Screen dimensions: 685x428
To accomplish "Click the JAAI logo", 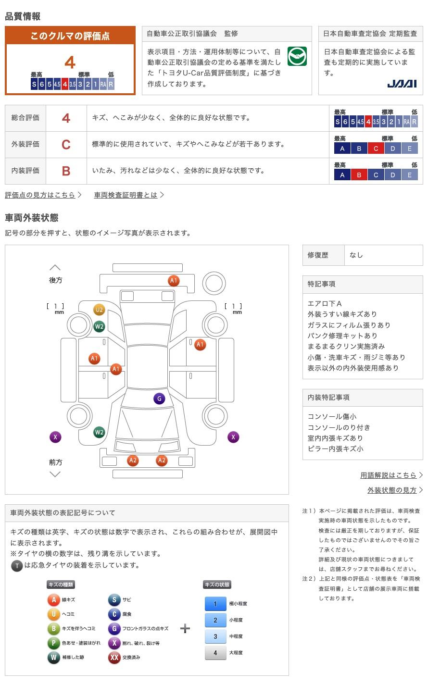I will click(402, 84).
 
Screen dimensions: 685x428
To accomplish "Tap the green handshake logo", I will click(297, 56).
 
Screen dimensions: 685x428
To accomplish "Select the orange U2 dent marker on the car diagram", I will click(99, 310).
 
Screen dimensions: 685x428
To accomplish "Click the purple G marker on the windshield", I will click(159, 399).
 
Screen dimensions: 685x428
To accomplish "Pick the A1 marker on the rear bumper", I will click(174, 281).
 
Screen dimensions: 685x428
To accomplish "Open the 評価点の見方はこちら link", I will click(40, 195).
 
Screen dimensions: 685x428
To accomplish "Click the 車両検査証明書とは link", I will click(126, 195).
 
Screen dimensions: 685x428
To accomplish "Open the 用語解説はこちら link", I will click(389, 475).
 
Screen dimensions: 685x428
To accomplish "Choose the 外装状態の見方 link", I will click(392, 490).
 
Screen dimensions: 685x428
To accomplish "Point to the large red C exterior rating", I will click(66, 144).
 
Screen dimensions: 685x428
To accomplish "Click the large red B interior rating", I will click(66, 171).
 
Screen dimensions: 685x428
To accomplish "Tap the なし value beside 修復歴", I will click(356, 255).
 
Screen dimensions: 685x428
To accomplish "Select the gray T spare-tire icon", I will click(17, 566).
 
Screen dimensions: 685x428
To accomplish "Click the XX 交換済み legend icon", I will click(114, 657).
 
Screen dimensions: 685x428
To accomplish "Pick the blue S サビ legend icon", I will click(114, 599).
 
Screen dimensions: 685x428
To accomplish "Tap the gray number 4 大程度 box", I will click(215, 653).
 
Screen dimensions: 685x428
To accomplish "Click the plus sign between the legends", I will click(185, 628).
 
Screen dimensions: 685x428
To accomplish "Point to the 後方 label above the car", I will click(55, 280).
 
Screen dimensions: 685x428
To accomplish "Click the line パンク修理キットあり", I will click(342, 336).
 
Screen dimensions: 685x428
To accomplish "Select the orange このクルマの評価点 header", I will click(70, 36).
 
